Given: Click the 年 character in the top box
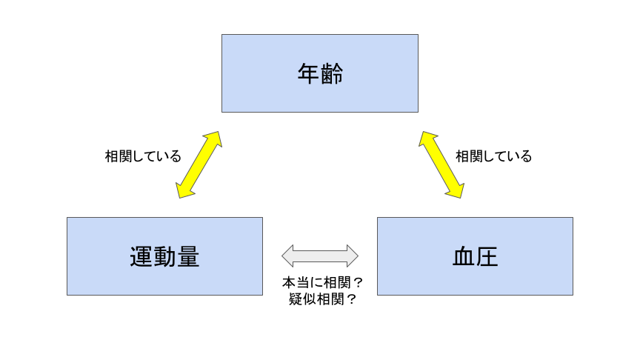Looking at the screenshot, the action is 308,73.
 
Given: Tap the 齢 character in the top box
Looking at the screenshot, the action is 332,73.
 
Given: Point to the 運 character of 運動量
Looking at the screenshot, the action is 141,257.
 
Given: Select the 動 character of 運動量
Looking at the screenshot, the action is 164,257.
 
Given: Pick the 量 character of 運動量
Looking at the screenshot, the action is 187,257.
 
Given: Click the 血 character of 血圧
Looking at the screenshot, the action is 464,257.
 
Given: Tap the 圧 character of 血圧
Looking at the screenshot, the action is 487,257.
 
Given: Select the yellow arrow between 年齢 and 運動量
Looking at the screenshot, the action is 199,165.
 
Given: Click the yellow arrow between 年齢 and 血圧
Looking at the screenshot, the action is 441,165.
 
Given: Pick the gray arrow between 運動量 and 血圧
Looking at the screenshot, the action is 320,256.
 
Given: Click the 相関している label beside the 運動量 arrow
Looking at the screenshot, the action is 143,156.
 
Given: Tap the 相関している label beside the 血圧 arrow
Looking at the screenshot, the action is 493,156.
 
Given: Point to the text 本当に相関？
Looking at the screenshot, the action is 322,282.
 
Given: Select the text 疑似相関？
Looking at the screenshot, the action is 322,299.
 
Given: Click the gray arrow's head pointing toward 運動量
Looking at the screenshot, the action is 287,256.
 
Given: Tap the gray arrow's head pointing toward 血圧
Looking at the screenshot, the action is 353,256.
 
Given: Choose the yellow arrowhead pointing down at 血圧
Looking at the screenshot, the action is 455,190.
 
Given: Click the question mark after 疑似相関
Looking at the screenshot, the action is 351,299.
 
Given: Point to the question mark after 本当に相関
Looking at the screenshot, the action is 358,282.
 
